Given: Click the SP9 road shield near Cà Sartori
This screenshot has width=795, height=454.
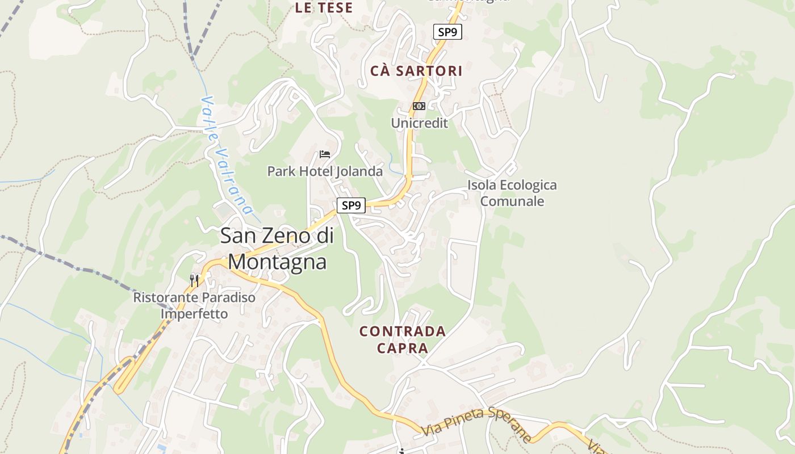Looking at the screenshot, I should tap(447, 32).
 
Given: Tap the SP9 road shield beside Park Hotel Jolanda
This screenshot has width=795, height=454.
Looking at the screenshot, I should tap(351, 205).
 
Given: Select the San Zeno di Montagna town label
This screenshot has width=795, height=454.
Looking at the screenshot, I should tap(278, 249).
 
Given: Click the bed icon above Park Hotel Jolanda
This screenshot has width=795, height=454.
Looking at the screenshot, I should tap(325, 154).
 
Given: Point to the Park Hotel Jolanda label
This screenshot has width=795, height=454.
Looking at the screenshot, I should tap(325, 171).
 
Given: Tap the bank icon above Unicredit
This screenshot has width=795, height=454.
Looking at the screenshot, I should tap(419, 106).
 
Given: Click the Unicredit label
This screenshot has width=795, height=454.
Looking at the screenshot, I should tap(419, 123).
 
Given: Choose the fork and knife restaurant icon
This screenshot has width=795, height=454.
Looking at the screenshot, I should tap(194, 280).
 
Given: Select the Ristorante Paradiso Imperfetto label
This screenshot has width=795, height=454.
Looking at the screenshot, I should tap(194, 305).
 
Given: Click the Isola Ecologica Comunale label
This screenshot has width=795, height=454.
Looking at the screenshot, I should tap(512, 193).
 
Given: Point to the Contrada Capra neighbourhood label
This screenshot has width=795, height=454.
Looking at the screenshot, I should tap(403, 339).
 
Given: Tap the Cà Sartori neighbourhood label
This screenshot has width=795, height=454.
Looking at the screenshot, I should tap(416, 72).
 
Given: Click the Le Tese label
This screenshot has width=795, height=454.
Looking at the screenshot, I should tap(324, 8).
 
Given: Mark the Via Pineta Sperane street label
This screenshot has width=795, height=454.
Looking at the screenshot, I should tap(476, 424).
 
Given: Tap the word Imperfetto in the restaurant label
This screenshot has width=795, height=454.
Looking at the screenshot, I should tap(194, 314).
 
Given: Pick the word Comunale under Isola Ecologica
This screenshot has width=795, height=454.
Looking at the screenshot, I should tap(512, 201).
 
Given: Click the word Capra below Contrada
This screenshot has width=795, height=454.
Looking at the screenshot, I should tap(403, 348).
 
